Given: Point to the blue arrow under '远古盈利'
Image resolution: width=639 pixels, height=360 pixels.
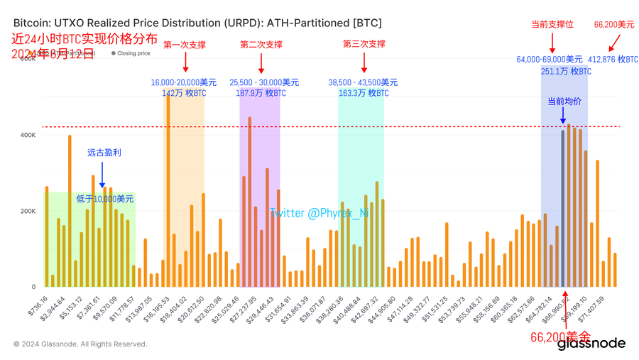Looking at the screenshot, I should click(103, 175).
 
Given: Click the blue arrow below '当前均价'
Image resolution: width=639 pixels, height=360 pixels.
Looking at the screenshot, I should click(563, 116).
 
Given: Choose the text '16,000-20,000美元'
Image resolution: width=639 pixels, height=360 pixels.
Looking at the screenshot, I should click(184, 83).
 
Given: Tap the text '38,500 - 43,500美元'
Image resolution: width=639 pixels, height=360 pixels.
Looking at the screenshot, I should click(363, 83).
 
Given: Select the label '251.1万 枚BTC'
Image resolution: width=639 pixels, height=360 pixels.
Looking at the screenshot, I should click(566, 71).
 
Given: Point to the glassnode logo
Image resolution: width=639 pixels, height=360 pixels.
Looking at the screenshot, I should click(591, 344).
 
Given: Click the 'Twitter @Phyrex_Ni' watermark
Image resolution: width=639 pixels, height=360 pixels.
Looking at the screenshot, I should click(319, 213).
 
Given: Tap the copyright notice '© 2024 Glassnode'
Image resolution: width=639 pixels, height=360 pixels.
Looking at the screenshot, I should click(80, 344).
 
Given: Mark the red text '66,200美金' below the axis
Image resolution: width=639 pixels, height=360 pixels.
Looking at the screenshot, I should click(560, 336).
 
